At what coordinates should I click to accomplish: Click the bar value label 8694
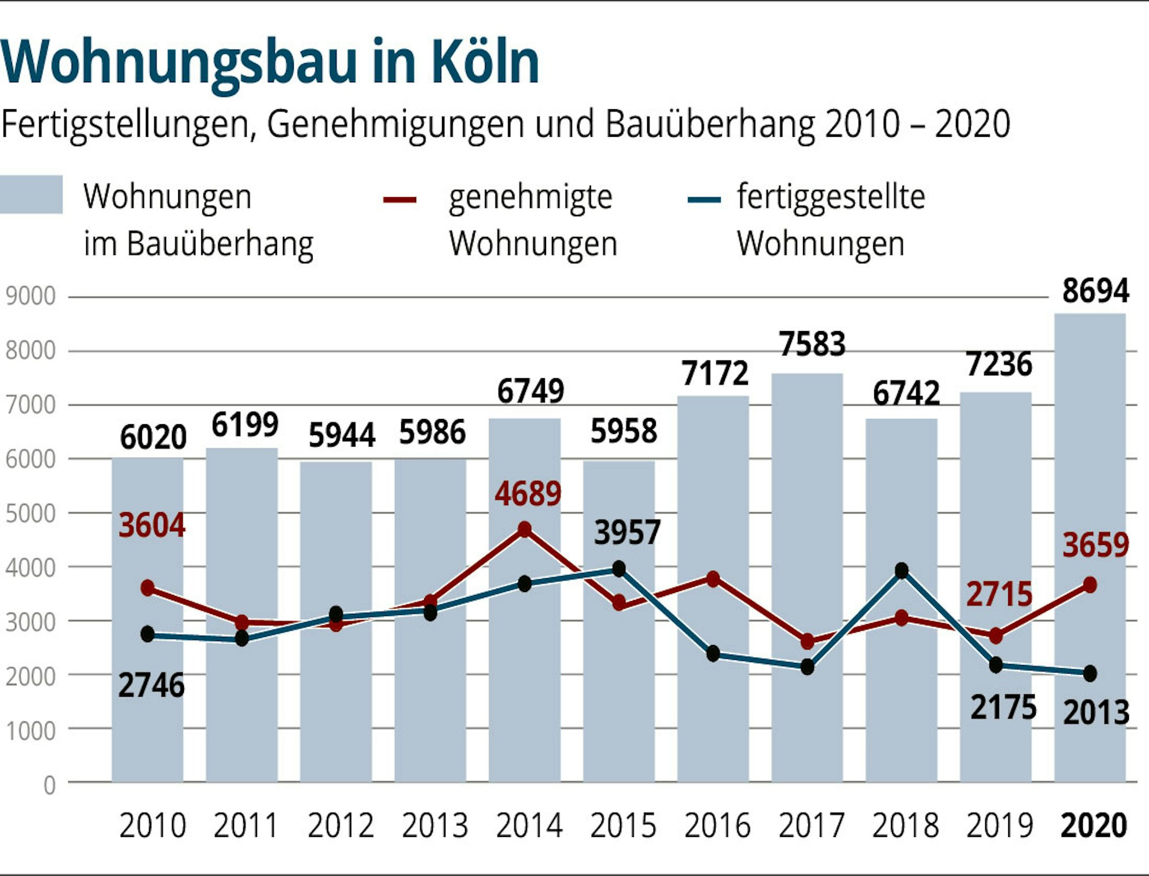click(x=1096, y=291)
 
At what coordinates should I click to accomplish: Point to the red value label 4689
click(x=528, y=494)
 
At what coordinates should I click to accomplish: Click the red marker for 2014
click(x=524, y=529)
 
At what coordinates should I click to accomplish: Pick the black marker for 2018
click(x=901, y=571)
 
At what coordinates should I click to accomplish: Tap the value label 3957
click(x=627, y=532)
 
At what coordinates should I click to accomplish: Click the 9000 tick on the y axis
click(x=30, y=297)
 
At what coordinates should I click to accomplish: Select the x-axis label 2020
click(x=1093, y=826)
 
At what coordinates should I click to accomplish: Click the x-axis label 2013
click(x=435, y=826)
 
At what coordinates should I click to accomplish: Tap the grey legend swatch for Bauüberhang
click(x=31, y=195)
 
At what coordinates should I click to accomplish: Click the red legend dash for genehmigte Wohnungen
click(x=400, y=200)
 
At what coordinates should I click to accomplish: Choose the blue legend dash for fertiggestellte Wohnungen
click(x=704, y=200)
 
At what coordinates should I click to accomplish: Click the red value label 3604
click(x=152, y=525)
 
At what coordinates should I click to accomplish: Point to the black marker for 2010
click(x=148, y=635)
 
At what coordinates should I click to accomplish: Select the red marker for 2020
click(x=1090, y=586)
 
